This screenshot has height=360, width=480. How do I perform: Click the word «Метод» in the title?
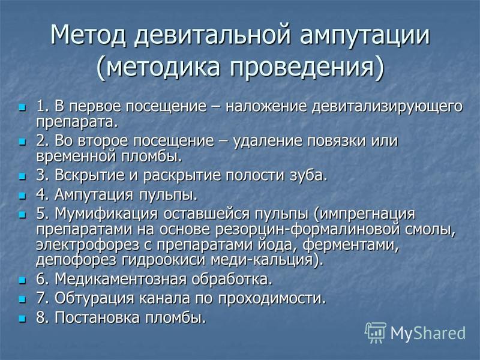[x=88, y=34]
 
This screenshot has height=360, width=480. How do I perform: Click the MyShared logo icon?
[x=376, y=332]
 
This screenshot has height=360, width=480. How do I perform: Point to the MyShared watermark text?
[x=428, y=333]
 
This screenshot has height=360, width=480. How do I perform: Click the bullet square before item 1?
[x=22, y=107]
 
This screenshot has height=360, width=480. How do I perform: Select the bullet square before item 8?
[x=22, y=319]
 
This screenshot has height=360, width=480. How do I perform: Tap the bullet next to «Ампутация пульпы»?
[x=22, y=196]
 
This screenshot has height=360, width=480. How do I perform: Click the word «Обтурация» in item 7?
[x=94, y=298]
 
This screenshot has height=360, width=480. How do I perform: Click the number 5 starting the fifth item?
[x=40, y=214]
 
